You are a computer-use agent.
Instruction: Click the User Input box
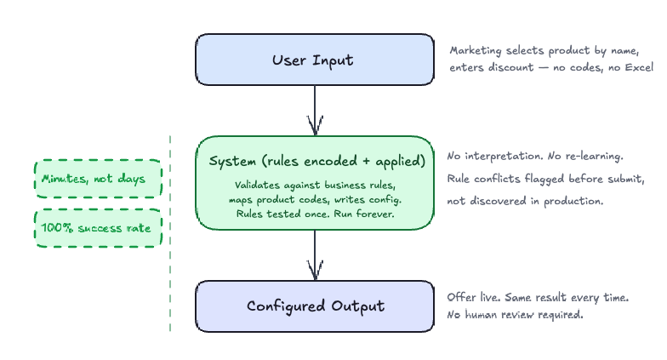pyautogui.click(x=314, y=60)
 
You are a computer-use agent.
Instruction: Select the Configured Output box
pyautogui.click(x=314, y=306)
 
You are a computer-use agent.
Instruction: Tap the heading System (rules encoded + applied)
pyautogui.click(x=314, y=162)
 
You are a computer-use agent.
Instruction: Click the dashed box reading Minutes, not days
pyautogui.click(x=98, y=180)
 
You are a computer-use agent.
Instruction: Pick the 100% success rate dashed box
pyautogui.click(x=98, y=228)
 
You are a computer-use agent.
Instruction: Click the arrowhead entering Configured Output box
pyautogui.click(x=316, y=271)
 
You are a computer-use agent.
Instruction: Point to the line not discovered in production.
pyautogui.click(x=525, y=202)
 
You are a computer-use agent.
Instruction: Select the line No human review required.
pyautogui.click(x=515, y=315)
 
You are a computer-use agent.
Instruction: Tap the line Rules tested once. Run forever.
pyautogui.click(x=314, y=214)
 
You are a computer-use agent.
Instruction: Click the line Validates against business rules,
pyautogui.click(x=314, y=185)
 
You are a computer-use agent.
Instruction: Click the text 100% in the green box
pyautogui.click(x=56, y=228)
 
